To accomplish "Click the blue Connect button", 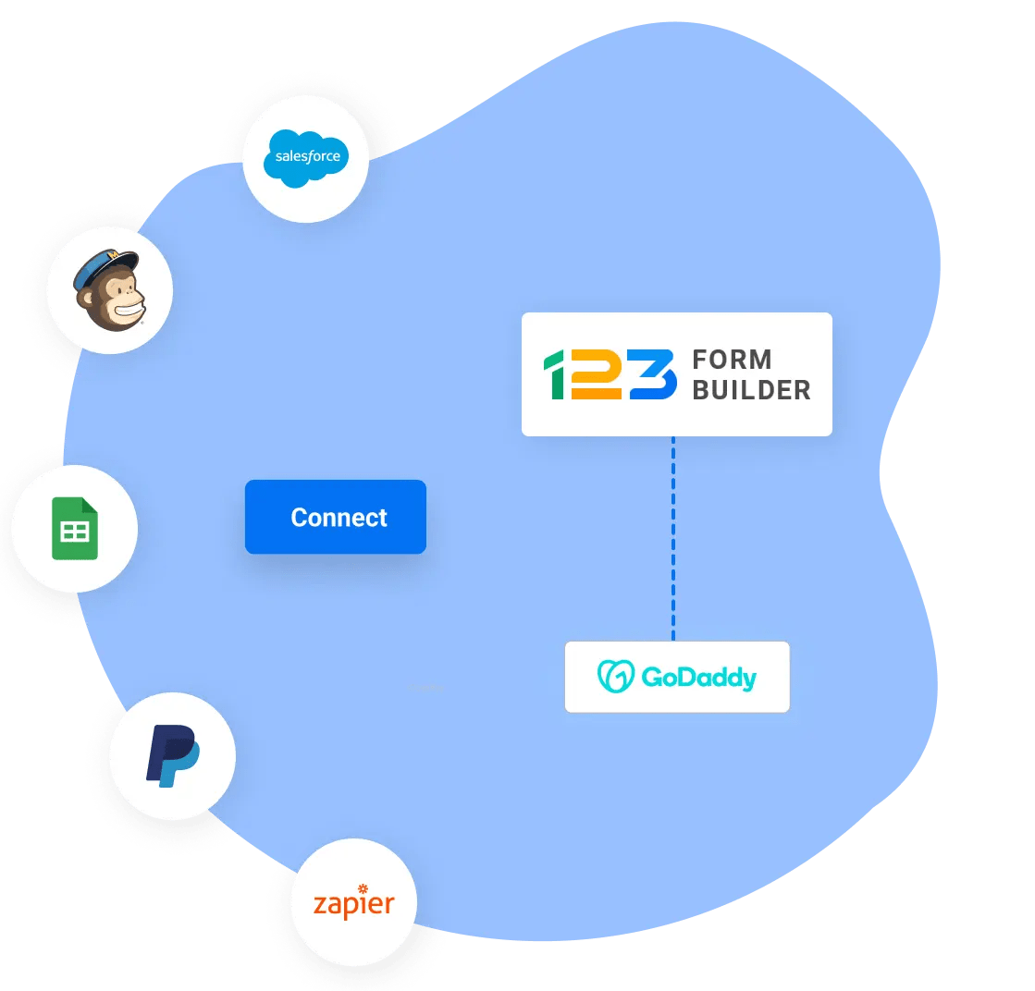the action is tap(336, 517).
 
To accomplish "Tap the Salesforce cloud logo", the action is tap(305, 158).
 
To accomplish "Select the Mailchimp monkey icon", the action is tap(109, 289).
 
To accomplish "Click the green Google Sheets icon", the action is tap(75, 529).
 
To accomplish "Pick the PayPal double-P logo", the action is tap(173, 755).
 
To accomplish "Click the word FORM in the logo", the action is tap(732, 360).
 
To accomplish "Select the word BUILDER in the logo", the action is tap(751, 390).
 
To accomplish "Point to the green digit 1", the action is tap(554, 374).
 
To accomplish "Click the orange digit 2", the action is tap(596, 374).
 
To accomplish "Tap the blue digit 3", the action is tap(653, 374).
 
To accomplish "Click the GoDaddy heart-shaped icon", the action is tap(615, 677).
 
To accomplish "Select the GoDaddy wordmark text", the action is tap(699, 678).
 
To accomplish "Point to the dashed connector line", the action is tap(673, 538).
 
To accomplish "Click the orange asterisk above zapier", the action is tap(363, 888).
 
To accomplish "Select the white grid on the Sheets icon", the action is tap(75, 532).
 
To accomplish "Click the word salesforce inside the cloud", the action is tap(308, 156).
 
